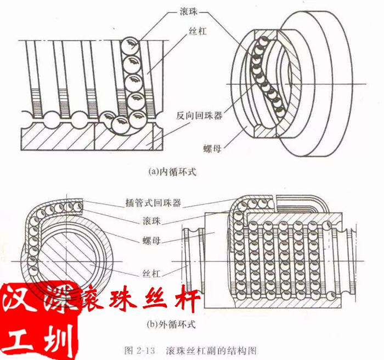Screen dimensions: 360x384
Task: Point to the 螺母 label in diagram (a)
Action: (212, 148)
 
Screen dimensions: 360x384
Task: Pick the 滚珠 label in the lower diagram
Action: (144, 221)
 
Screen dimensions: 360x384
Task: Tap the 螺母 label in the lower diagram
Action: (144, 240)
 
